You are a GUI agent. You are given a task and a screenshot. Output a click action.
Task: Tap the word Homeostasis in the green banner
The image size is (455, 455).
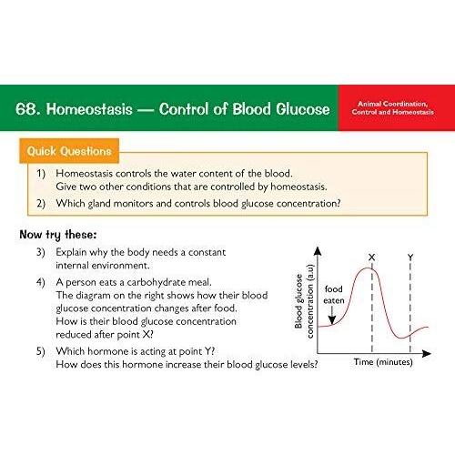click(89, 109)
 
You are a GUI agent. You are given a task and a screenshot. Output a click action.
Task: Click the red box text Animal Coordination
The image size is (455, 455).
click(393, 104)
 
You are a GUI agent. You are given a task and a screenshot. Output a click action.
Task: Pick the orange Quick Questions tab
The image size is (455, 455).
click(69, 151)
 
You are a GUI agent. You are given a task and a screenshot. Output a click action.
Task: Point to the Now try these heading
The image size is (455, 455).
click(58, 235)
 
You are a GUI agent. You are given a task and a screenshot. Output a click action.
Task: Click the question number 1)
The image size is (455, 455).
click(41, 174)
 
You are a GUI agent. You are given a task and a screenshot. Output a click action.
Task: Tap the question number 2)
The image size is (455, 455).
click(41, 203)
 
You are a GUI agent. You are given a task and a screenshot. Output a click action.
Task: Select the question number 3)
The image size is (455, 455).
click(41, 252)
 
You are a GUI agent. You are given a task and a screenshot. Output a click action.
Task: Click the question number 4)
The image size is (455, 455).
click(41, 282)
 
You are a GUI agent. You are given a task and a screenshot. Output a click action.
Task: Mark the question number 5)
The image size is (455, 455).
click(41, 351)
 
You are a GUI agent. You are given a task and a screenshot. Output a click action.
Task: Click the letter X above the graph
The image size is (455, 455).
click(371, 258)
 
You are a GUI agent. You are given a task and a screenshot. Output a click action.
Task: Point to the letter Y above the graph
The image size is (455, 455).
click(410, 258)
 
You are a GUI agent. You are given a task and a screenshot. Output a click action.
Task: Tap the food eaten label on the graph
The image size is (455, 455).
click(334, 295)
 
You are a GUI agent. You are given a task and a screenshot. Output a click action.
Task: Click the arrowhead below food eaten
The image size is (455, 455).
click(332, 320)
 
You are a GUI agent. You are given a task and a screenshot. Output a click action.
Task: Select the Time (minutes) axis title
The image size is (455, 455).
click(383, 362)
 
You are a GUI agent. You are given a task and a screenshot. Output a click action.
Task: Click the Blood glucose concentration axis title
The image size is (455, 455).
click(304, 301)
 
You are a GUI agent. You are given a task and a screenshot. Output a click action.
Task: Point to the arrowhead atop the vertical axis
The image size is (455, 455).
click(318, 250)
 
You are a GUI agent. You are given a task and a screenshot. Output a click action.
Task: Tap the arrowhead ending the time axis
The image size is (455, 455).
click(427, 353)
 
